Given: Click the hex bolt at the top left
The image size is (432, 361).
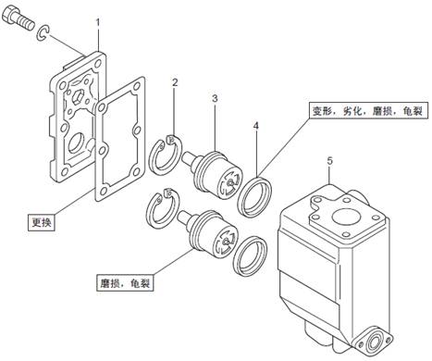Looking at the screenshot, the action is click(x=18, y=19).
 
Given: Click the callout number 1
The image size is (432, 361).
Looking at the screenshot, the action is click(x=98, y=23).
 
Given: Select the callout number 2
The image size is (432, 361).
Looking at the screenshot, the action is click(x=175, y=82).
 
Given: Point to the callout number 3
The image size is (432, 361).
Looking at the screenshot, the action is click(x=215, y=99).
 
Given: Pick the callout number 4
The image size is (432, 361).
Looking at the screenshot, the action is click(x=256, y=126).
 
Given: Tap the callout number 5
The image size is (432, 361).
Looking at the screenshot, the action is click(x=330, y=161).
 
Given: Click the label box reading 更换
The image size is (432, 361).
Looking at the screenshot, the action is click(x=42, y=222).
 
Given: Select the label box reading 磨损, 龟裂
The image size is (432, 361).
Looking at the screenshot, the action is click(x=125, y=283).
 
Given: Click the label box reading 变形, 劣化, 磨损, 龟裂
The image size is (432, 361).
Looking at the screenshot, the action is click(x=369, y=110).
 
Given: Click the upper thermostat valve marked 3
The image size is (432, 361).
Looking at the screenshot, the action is click(x=213, y=174).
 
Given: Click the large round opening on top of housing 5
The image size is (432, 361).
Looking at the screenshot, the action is click(x=345, y=218).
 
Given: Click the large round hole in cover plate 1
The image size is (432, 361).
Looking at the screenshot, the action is click(x=77, y=143).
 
